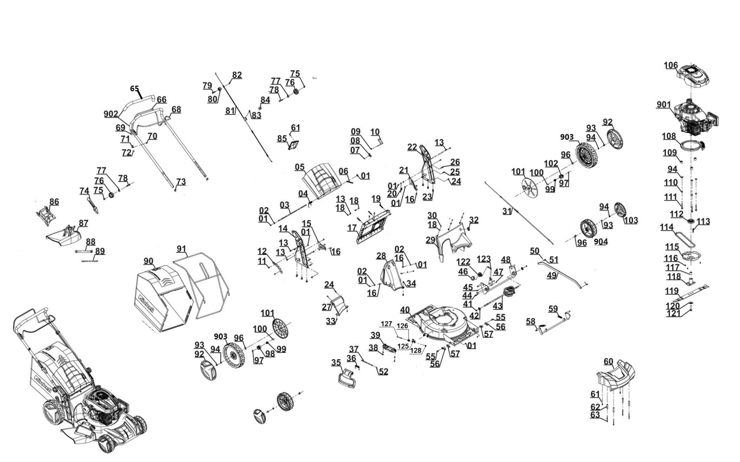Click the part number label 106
click(670, 65)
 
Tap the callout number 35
click(336, 363)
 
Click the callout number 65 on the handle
click(134, 89)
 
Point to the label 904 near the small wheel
click(601, 242)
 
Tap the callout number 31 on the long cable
click(507, 211)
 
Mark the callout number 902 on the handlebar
click(111, 114)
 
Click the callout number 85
click(282, 139)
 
